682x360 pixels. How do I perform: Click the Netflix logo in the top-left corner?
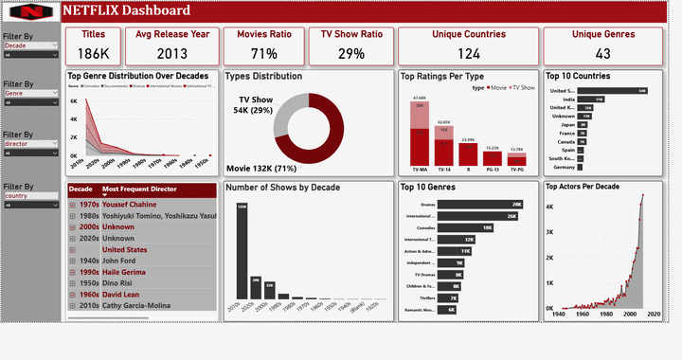[30, 12]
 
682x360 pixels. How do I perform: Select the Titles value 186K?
[93, 54]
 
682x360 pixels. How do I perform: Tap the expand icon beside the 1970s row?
[73, 204]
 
